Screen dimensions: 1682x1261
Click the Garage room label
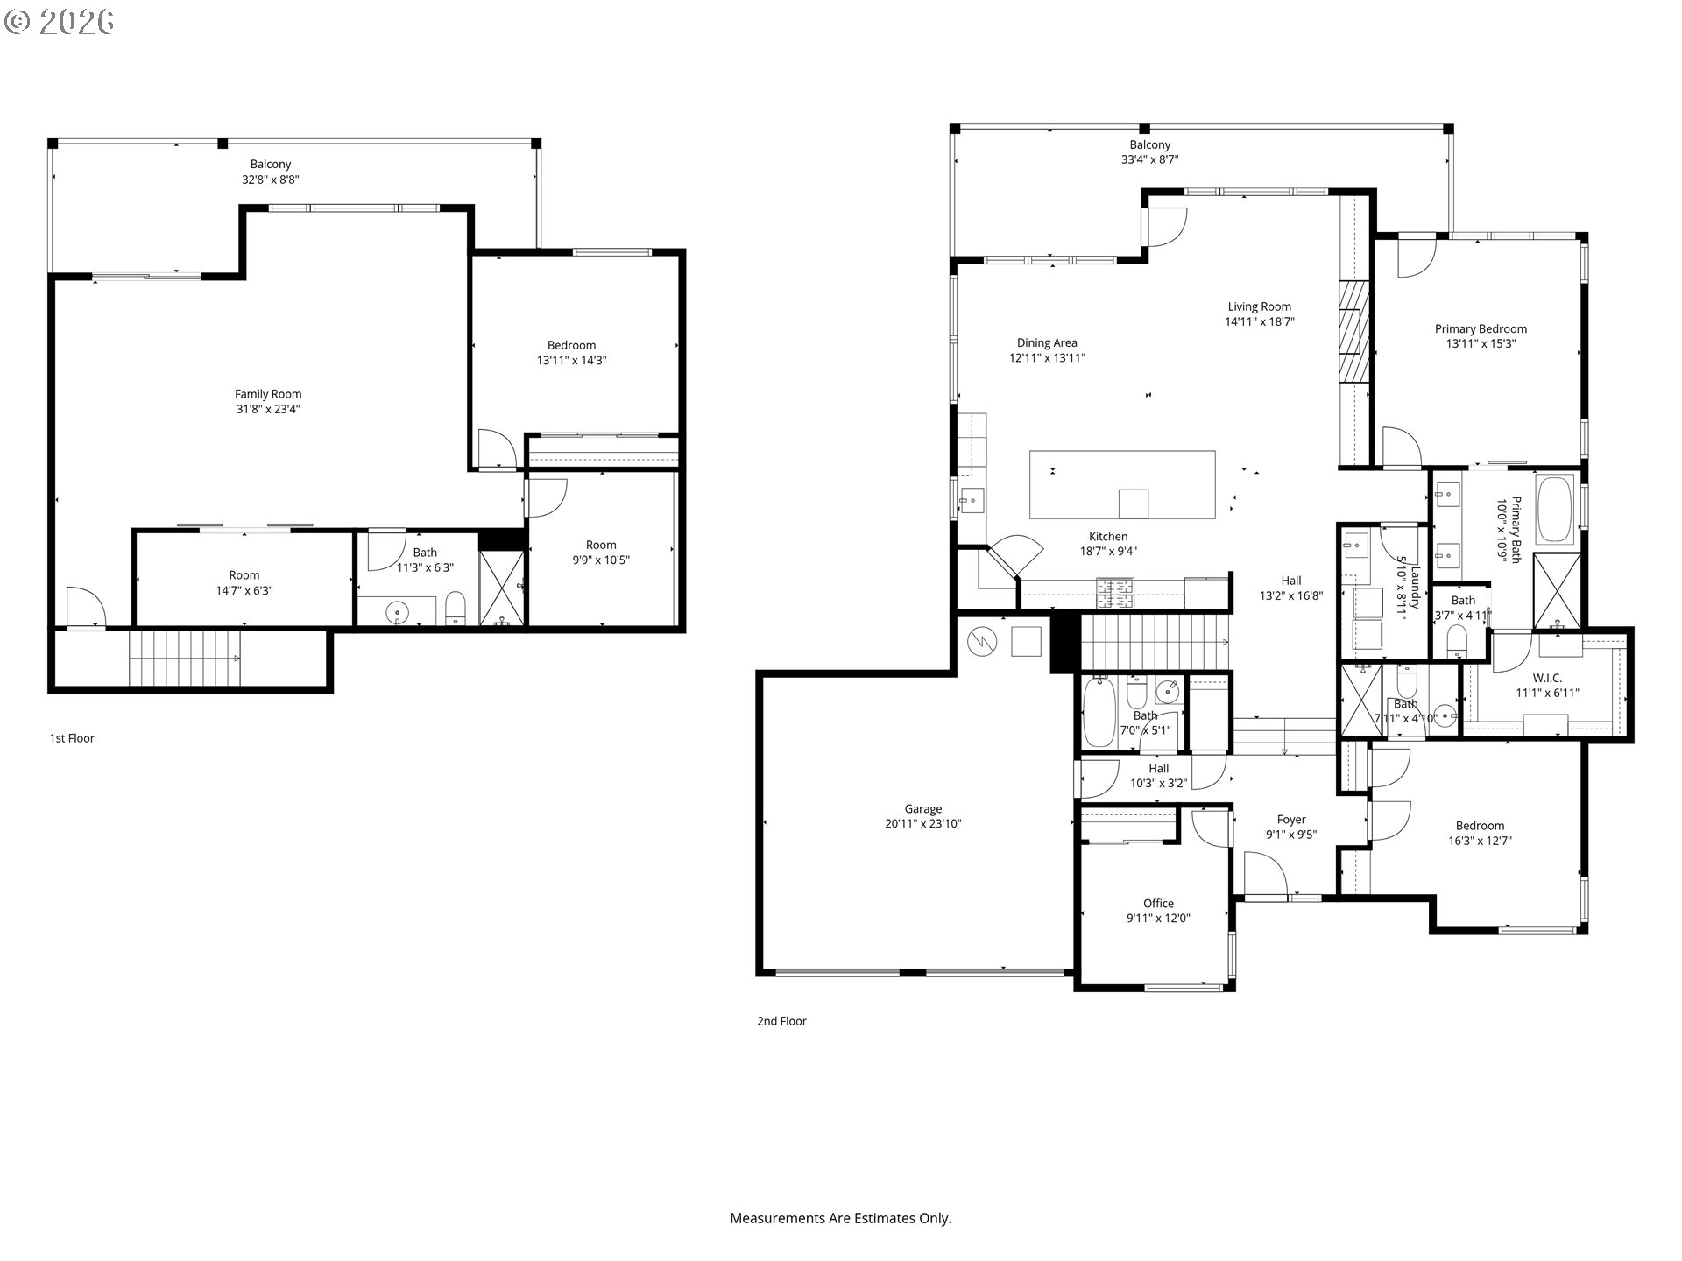click(923, 809)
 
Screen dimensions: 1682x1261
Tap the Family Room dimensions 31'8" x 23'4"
click(268, 409)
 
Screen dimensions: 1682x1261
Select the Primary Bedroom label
click(1481, 329)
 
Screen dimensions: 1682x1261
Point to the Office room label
click(1158, 904)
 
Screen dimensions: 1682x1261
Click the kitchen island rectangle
click(1122, 485)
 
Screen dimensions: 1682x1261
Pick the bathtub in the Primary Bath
click(1555, 510)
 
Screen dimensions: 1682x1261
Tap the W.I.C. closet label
click(1547, 679)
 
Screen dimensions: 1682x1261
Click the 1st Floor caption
click(72, 738)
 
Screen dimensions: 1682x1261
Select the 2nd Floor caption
click(781, 1021)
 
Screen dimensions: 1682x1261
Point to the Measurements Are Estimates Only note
click(841, 1218)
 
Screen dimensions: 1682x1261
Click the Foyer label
click(1291, 821)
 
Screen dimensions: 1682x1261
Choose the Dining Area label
click(1047, 343)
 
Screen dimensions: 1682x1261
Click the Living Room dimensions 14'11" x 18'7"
click(1260, 321)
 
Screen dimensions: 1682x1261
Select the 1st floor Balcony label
click(271, 165)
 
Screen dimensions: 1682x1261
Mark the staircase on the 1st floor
click(184, 658)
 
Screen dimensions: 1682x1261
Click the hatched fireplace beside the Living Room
click(1353, 332)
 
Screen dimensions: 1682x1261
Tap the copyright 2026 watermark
click(59, 22)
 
